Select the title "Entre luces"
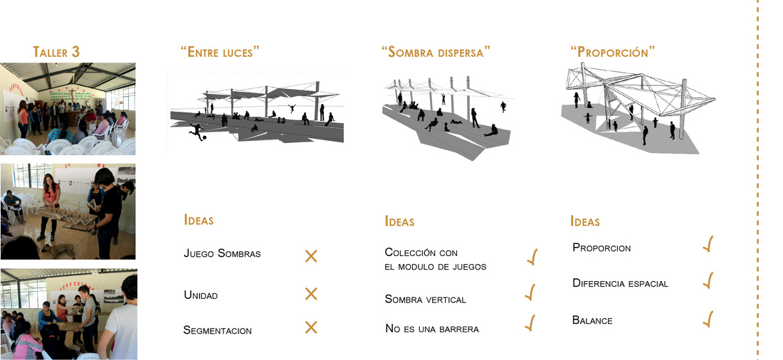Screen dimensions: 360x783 pyautogui.click(x=220, y=52)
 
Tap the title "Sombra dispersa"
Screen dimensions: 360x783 pyautogui.click(x=436, y=52)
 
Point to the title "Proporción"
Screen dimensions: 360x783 pyautogui.click(x=613, y=52)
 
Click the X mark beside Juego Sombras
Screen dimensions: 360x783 pyautogui.click(x=311, y=256)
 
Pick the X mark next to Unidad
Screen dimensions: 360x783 pyautogui.click(x=311, y=294)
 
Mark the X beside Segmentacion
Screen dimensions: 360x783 pyautogui.click(x=311, y=327)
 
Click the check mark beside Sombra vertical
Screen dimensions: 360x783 pyautogui.click(x=530, y=292)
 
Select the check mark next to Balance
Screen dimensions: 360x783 pyautogui.click(x=708, y=319)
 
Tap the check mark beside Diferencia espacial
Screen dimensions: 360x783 pyautogui.click(x=708, y=280)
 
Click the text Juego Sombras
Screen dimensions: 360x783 pyautogui.click(x=221, y=253)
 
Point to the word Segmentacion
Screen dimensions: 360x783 pyautogui.click(x=217, y=330)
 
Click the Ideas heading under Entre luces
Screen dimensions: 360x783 pyautogui.click(x=199, y=221)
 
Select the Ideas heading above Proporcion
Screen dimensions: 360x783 pyautogui.click(x=585, y=222)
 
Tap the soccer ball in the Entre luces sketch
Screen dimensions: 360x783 pyautogui.click(x=206, y=137)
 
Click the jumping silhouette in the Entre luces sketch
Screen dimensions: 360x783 pyautogui.click(x=291, y=107)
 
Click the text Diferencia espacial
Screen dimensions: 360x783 pyautogui.click(x=620, y=283)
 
